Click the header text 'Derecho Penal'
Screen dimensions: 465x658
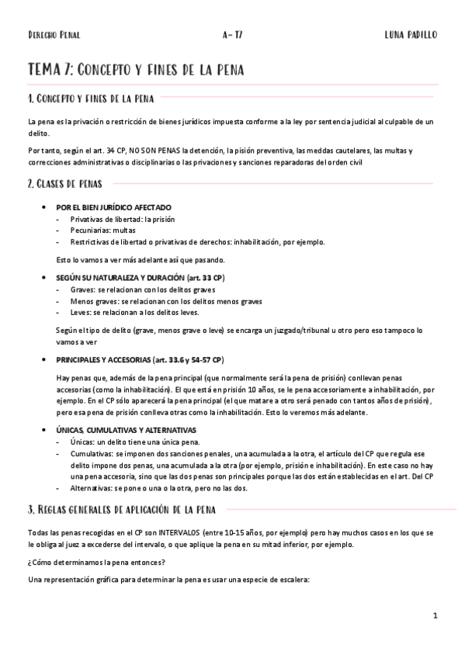click(x=54, y=35)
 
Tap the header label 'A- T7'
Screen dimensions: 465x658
click(x=232, y=35)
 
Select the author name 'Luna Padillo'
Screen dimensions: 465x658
click(x=411, y=35)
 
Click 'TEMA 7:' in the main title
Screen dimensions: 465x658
click(x=51, y=70)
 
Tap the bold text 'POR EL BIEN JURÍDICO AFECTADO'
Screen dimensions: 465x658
click(x=113, y=208)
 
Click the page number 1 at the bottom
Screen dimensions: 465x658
click(x=436, y=615)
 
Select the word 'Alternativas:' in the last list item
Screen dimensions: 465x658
click(x=92, y=488)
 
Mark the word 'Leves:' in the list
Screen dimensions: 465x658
click(x=81, y=313)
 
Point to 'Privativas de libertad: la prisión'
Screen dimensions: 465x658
click(x=122, y=220)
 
